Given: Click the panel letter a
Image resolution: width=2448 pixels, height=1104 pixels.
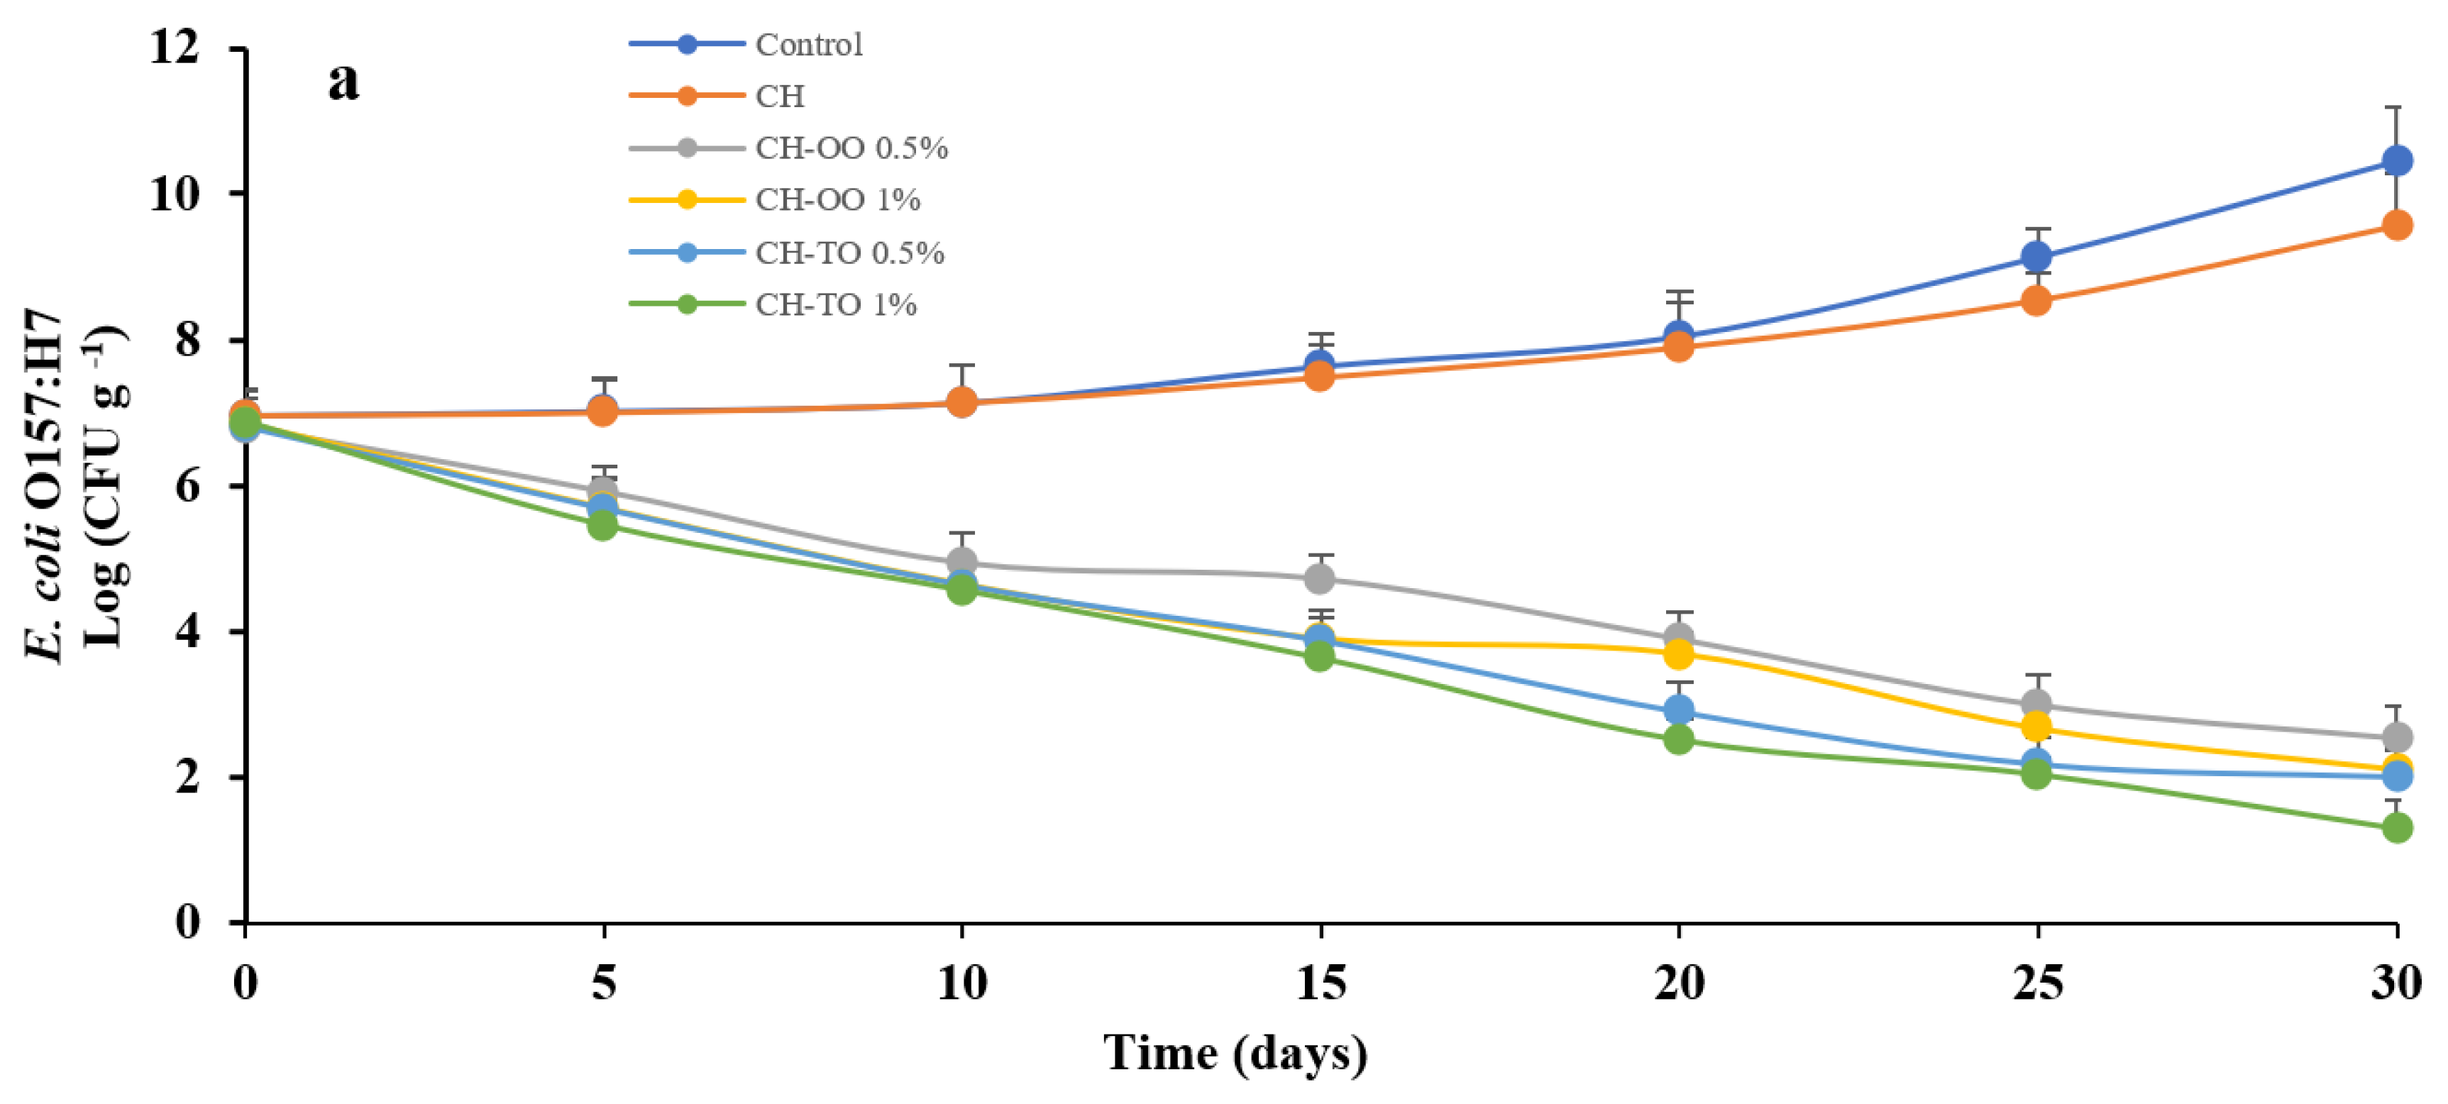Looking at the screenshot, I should pos(344,81).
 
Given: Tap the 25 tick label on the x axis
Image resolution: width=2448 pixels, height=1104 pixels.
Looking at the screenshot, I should pos(2036,983).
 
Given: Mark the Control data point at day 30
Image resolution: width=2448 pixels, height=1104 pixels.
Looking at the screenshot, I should pos(2397,160).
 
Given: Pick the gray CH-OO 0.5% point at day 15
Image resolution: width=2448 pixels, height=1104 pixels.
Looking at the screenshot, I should pos(1319,578).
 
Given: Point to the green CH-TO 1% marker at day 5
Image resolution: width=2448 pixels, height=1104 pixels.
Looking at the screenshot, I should pos(602,524).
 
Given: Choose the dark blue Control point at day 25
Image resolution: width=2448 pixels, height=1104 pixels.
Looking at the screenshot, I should pos(2036,257).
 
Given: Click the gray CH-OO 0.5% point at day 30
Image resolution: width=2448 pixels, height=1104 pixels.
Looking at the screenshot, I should pos(2397,737).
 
